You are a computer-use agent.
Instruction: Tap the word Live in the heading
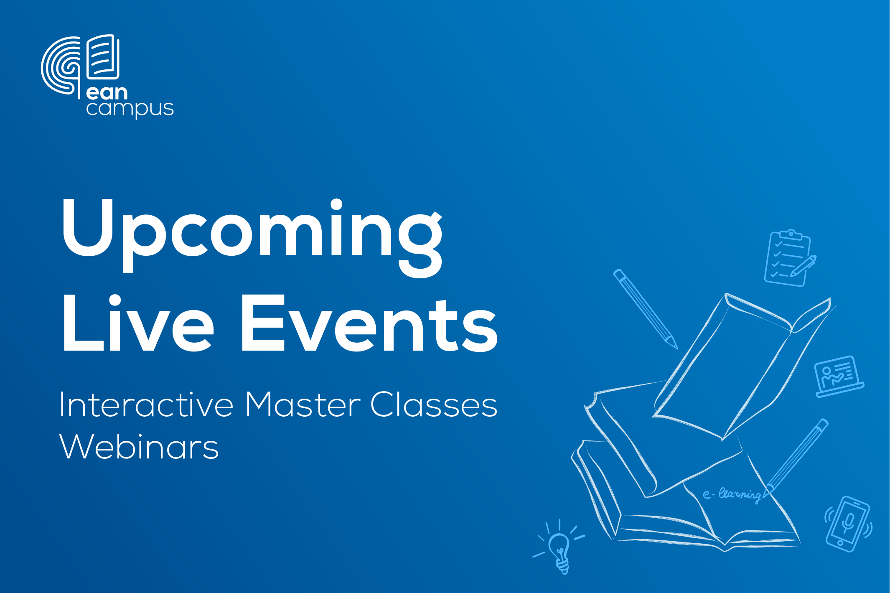(x=138, y=323)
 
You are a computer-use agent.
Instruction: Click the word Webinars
(x=139, y=446)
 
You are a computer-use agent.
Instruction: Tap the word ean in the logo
(x=107, y=92)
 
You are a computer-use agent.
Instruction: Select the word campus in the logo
(x=130, y=109)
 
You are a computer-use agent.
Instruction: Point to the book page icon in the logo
(x=103, y=57)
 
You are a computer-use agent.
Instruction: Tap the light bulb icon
(x=559, y=547)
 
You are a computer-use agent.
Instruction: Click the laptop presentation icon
(x=839, y=376)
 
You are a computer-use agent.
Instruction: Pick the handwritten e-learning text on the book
(x=732, y=495)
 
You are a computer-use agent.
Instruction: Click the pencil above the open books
(x=646, y=309)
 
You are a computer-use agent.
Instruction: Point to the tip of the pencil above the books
(x=677, y=349)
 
